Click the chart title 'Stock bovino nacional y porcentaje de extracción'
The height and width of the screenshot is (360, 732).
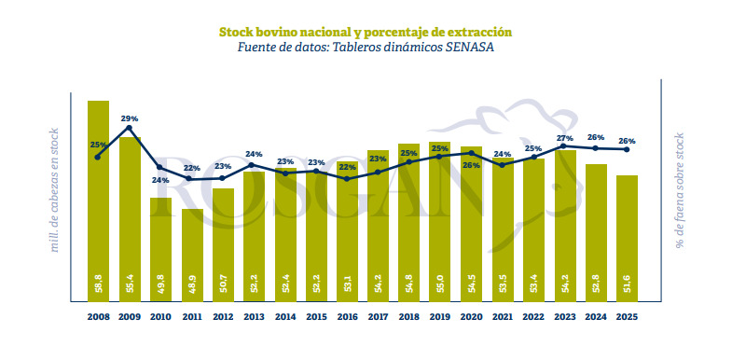point(365,32)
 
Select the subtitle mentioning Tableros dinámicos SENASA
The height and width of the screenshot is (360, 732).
point(365,48)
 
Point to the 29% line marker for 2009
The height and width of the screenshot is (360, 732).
point(129,128)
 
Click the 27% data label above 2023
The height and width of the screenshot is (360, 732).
point(564,137)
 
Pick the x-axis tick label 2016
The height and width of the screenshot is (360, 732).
point(347,317)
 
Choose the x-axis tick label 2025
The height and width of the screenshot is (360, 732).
point(627,317)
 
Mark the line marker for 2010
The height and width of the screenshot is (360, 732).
point(160,167)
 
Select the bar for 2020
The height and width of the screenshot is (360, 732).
point(471,224)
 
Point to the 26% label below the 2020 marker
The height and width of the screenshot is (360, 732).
point(471,165)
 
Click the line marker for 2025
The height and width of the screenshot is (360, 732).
point(627,149)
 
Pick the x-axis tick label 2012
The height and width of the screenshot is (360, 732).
point(223,317)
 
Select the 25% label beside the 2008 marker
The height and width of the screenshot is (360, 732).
point(97,145)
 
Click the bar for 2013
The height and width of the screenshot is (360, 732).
point(254,233)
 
